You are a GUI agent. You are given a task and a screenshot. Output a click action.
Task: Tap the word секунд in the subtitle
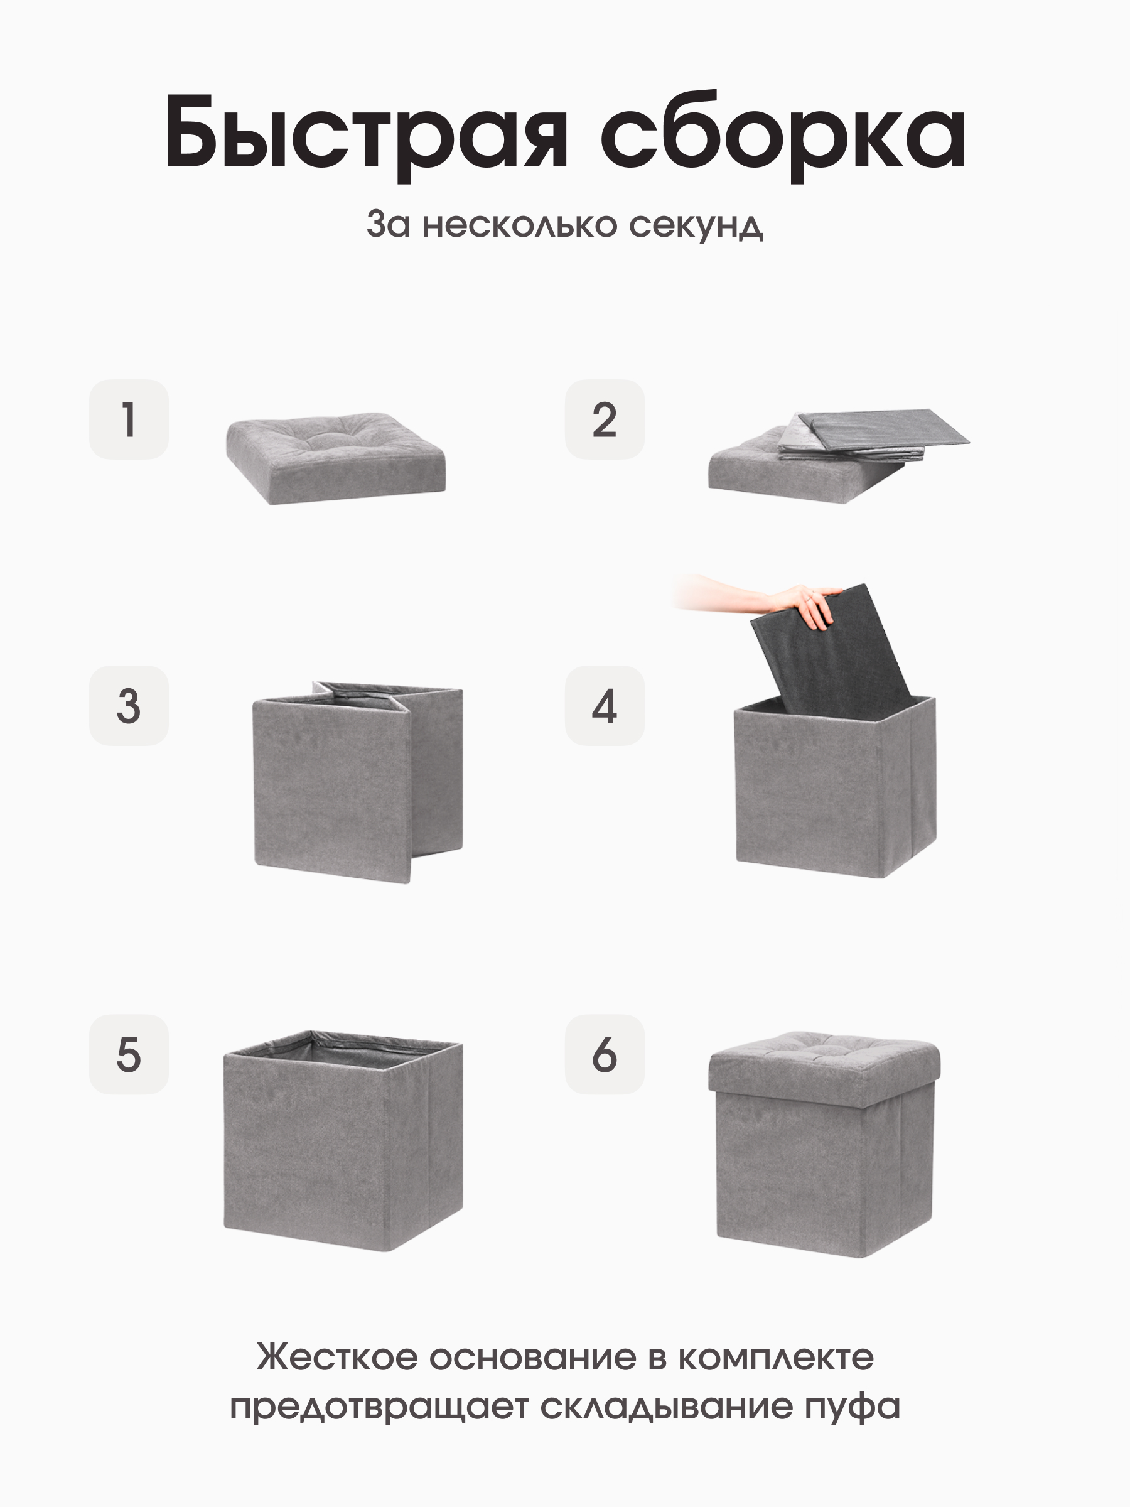696,224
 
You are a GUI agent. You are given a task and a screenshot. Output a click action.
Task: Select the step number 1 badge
129,419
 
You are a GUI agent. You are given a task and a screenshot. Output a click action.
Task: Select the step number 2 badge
604,419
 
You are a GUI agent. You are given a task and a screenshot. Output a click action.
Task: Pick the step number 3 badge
129,705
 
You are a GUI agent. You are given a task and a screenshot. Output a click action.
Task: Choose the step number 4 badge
604,705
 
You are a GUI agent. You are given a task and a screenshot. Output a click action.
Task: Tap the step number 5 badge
129,1055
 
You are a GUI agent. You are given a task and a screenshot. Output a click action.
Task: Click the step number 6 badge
604,1055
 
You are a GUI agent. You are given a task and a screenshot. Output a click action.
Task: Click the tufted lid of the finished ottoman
824,1066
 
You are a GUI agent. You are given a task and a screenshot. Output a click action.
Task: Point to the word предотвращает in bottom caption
379,1408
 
